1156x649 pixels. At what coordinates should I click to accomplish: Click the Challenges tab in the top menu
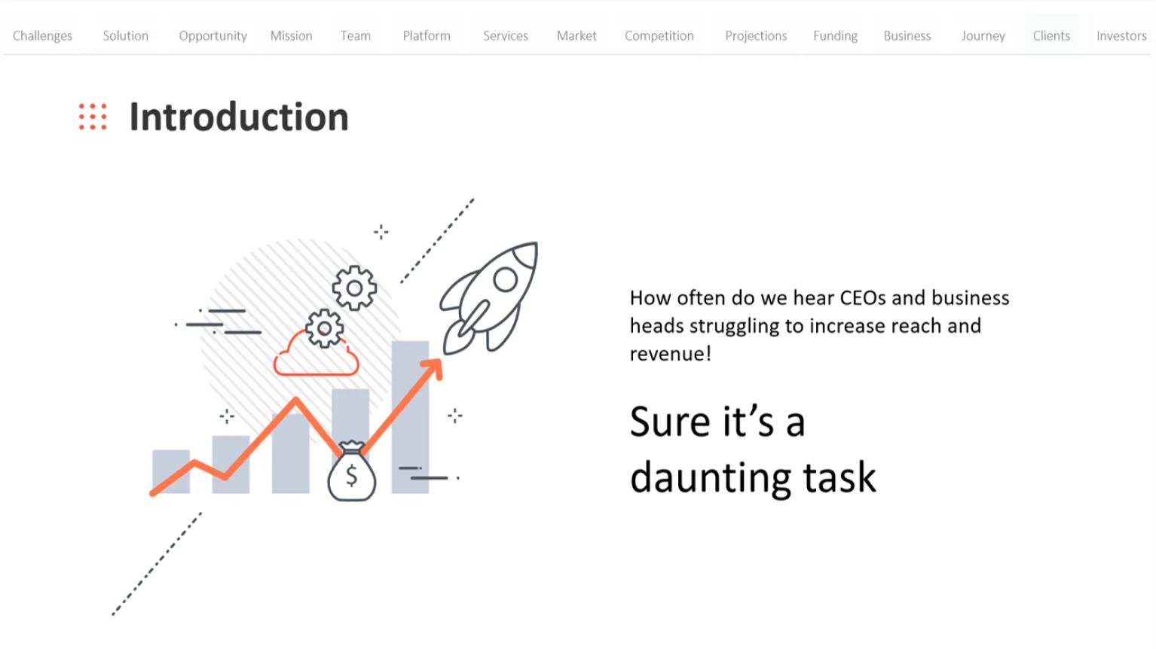42,36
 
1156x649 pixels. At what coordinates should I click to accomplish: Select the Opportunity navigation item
213,36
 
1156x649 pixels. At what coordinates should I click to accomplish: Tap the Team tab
355,35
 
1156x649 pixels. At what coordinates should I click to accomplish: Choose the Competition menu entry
659,36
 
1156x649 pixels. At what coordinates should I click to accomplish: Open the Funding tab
835,36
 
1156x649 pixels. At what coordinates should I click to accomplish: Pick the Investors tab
1121,35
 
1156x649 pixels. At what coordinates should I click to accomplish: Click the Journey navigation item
983,36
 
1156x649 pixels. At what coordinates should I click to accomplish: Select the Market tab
576,35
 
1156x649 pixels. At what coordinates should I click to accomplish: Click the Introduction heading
239,117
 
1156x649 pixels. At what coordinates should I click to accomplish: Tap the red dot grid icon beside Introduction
93,117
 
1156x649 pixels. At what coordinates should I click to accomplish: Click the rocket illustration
489,297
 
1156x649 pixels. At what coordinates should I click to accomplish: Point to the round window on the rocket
505,280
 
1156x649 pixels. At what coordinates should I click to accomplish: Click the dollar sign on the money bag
351,475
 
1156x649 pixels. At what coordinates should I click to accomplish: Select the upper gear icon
354,288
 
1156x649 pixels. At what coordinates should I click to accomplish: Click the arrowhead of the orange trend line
433,368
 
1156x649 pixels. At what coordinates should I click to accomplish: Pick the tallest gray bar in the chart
410,416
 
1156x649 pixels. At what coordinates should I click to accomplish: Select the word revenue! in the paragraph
671,354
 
